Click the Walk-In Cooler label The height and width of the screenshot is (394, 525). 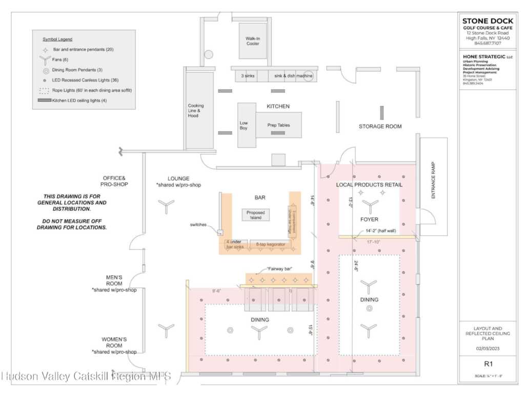tap(252, 41)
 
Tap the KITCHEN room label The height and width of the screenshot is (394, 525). tap(278, 106)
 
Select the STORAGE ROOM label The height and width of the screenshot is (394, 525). tap(380, 126)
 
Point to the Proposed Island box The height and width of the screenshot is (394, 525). tap(255, 214)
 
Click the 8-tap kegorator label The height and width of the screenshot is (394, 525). tap(270, 245)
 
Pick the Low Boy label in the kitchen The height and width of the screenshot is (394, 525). tap(244, 125)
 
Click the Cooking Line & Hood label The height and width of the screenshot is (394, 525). tap(196, 111)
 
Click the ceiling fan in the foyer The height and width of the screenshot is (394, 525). tap(368, 206)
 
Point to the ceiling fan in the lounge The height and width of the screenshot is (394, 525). tap(166, 206)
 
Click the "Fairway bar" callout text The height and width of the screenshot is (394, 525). tap(279, 269)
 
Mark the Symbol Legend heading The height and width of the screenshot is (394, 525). tap(57, 39)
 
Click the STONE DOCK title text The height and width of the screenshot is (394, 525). tap(485, 22)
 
